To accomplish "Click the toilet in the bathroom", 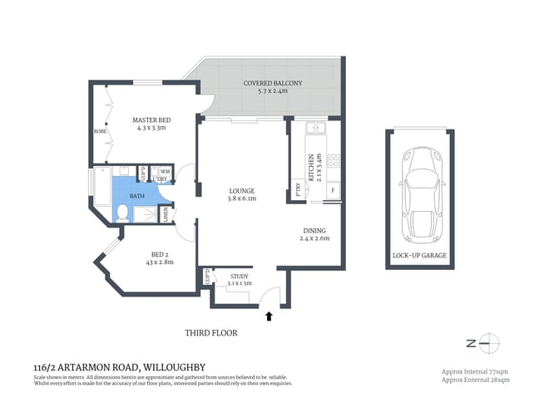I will pos(123,213).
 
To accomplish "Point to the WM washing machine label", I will pos(165,172).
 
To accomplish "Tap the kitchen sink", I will pos(316,128).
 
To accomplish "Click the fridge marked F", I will pos(333,192).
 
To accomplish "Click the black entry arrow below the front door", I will pos(268,316).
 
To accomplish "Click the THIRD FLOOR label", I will pos(210,333).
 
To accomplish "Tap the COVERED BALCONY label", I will pos(273,84).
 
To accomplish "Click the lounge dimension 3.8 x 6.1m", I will pos(242,198).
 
